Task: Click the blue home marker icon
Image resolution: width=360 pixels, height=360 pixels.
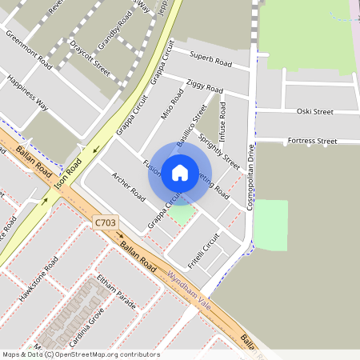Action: tap(180, 173)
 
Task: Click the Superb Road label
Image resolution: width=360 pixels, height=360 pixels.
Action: tap(210, 58)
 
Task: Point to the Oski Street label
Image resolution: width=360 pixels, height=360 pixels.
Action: tap(314, 111)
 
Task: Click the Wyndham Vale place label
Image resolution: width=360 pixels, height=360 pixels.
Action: tap(190, 286)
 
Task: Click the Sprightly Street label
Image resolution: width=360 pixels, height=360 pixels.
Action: tap(220, 151)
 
